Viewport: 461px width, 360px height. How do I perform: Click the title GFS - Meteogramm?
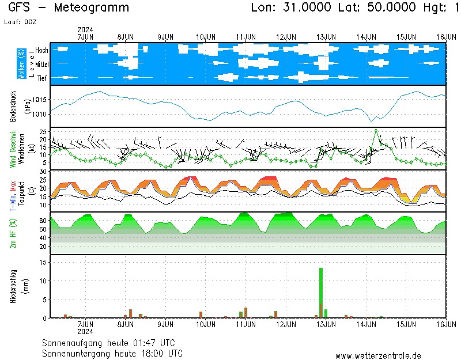(69, 8)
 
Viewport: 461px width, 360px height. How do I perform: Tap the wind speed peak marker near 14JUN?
(376, 130)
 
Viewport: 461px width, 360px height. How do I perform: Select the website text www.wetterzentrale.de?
(378, 356)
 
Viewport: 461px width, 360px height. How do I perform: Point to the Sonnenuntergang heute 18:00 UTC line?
(112, 353)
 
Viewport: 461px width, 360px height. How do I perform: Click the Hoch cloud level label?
(41, 50)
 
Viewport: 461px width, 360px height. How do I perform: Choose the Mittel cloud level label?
(41, 64)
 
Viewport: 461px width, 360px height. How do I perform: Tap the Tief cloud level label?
(43, 78)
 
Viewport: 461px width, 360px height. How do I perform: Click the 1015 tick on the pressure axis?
(40, 100)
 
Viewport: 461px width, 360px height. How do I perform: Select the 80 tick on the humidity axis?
(43, 221)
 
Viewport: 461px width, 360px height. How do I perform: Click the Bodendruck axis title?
(13, 106)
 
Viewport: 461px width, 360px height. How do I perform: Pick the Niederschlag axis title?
(13, 286)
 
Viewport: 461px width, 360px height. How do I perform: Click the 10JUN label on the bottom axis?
(206, 324)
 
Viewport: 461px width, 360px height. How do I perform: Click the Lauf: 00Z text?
(22, 21)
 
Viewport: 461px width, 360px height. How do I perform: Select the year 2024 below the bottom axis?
(85, 331)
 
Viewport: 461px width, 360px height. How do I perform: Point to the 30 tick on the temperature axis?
(43, 172)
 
